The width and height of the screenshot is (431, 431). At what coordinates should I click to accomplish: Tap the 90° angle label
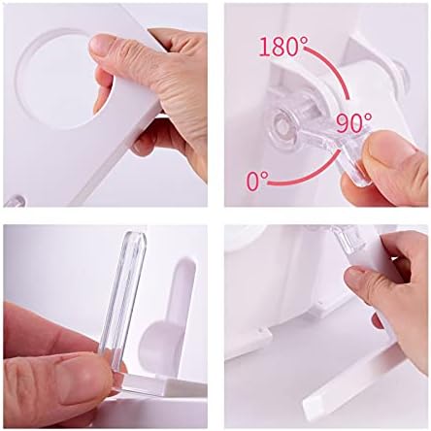(354, 123)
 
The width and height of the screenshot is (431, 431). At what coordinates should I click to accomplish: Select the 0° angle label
(257, 181)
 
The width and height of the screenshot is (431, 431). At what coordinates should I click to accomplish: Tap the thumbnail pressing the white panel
(101, 45)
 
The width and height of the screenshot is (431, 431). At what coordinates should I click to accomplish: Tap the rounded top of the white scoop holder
(185, 264)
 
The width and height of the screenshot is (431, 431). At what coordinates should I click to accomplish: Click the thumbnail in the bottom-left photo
(81, 377)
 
